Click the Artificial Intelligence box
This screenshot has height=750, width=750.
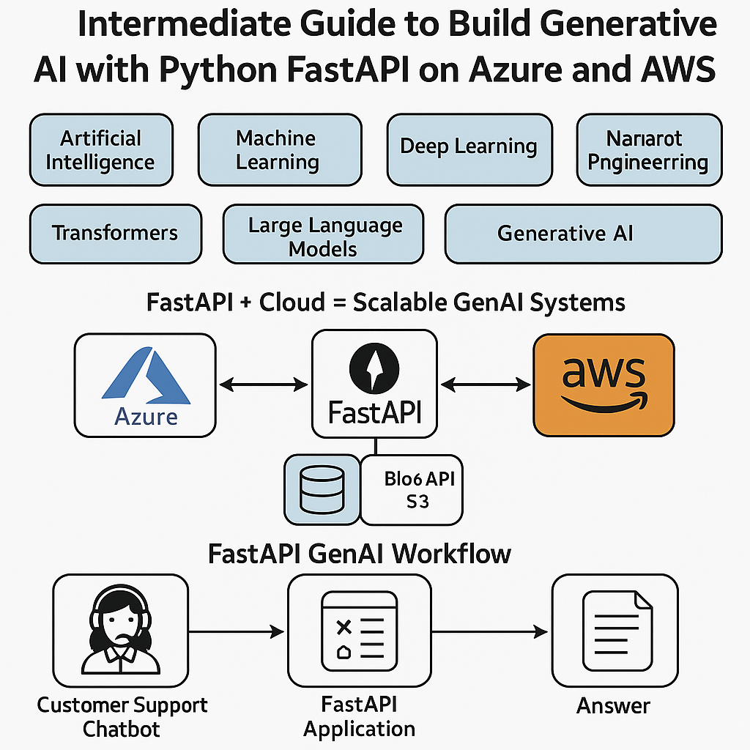click(101, 150)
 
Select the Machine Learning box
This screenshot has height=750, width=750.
click(280, 150)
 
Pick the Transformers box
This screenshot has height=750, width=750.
click(115, 234)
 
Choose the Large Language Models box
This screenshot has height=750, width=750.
click(323, 234)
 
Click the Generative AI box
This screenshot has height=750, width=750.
click(583, 234)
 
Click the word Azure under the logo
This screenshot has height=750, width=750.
click(146, 417)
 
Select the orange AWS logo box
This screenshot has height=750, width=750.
click(604, 385)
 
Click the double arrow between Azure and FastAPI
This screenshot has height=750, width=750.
click(264, 384)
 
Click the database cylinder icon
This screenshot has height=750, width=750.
click(322, 489)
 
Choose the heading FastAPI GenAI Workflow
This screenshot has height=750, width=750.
click(359, 553)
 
